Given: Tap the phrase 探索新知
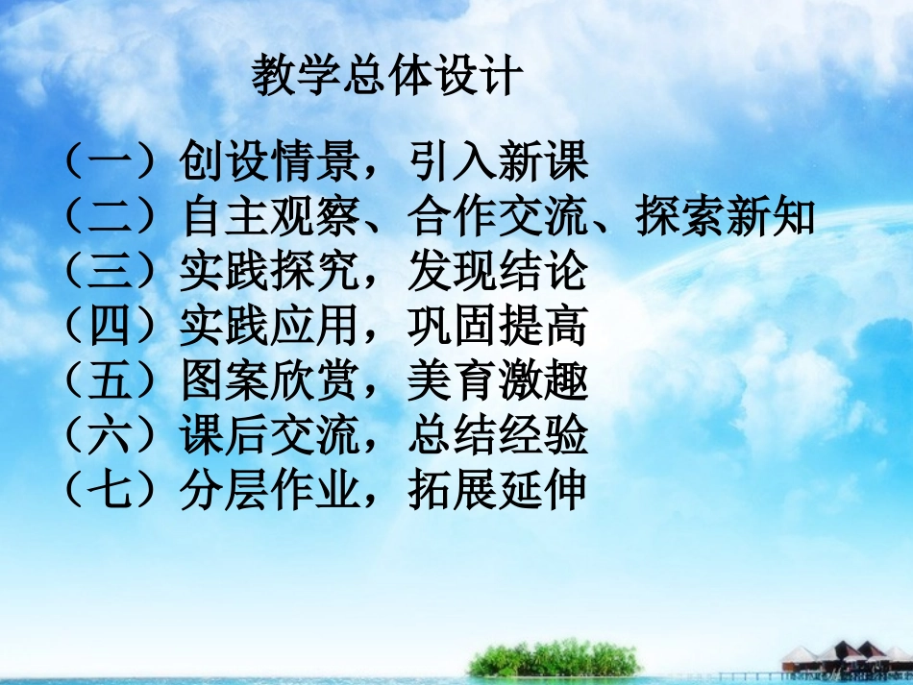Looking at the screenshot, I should (x=725, y=218).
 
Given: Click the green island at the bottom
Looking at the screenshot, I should (x=553, y=659).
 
